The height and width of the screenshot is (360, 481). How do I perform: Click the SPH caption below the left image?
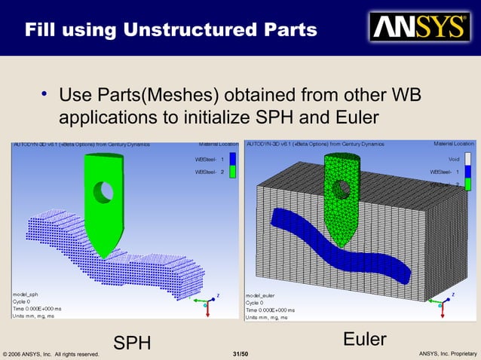[x=132, y=343]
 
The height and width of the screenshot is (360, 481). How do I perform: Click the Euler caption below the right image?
[x=365, y=339]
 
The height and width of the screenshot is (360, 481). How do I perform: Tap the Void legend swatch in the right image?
[x=467, y=158]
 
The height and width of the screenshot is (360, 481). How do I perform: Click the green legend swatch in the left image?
[x=233, y=172]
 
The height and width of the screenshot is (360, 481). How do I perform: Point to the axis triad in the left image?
[x=204, y=301]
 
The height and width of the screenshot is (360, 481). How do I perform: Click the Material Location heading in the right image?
[x=454, y=144]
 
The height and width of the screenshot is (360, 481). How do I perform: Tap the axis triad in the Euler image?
[x=440, y=302]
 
